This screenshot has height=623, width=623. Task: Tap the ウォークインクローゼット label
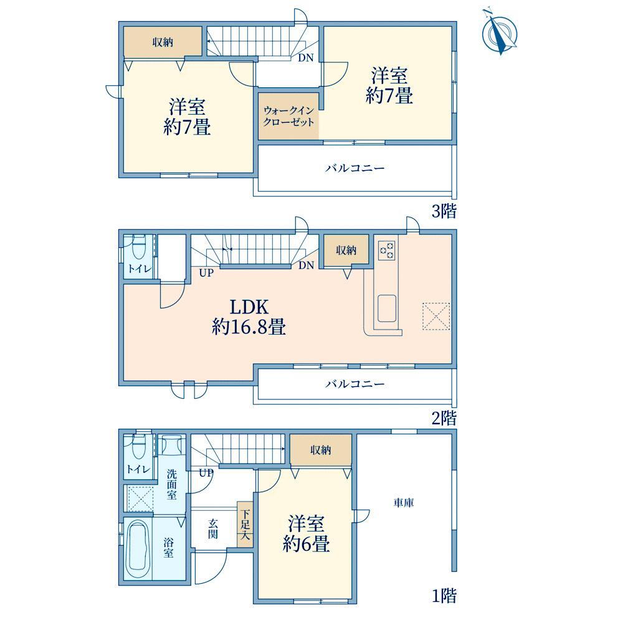point(288,116)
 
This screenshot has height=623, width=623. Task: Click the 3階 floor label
point(444,211)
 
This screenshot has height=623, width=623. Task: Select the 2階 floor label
point(444,419)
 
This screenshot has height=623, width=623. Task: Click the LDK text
point(250,307)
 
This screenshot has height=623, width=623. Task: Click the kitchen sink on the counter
point(387,308)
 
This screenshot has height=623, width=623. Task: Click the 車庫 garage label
point(404,503)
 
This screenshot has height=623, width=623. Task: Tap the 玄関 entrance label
point(213,528)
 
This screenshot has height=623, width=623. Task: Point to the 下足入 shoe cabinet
point(245,524)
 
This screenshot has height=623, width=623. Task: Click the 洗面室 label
point(172,484)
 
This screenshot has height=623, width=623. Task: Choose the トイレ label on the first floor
point(138,469)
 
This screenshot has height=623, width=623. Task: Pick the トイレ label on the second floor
point(139,269)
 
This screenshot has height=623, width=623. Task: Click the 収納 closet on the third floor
point(163,41)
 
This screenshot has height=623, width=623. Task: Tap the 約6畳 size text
point(306,543)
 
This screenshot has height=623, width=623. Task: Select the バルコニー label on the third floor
point(355,168)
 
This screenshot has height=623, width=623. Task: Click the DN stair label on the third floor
point(305,58)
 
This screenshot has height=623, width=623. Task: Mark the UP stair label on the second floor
point(206,273)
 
